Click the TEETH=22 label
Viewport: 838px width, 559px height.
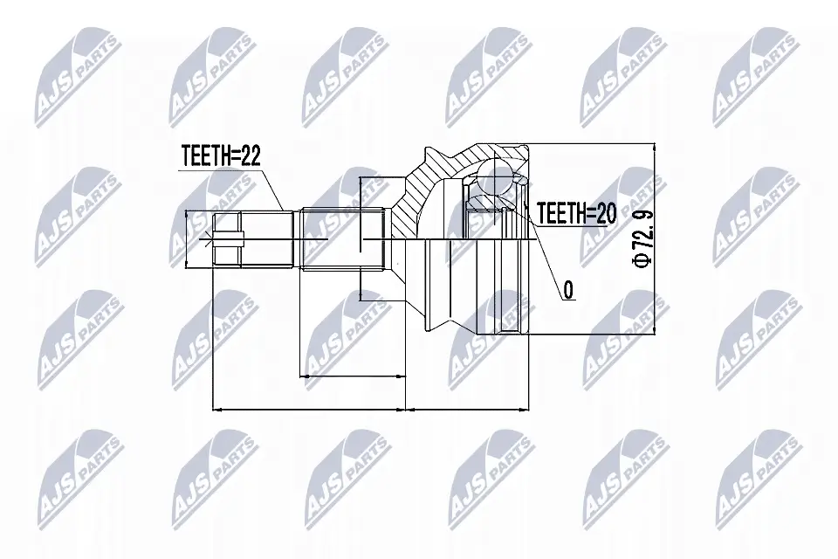[x=221, y=157]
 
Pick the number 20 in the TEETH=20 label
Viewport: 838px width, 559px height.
[x=607, y=212]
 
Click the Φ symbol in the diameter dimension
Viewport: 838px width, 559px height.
[x=643, y=260]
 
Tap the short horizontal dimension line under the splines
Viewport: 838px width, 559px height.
[x=353, y=376]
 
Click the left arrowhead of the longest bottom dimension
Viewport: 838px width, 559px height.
[x=217, y=408]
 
